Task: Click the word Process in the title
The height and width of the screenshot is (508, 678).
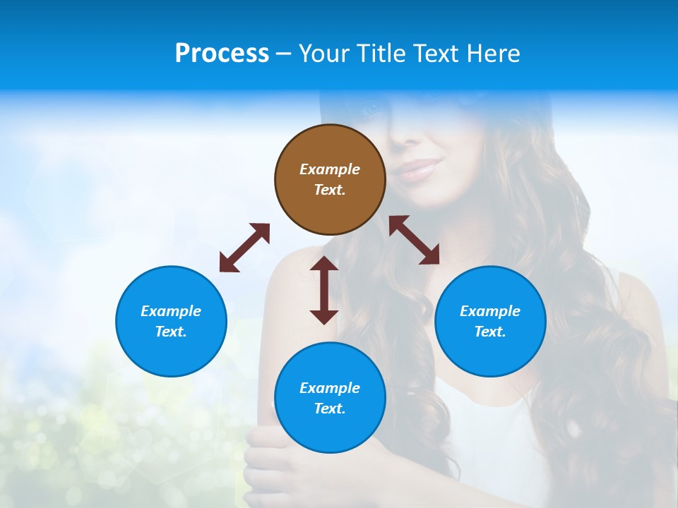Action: pos(222,54)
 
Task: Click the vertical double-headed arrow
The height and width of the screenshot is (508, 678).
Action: pos(324,290)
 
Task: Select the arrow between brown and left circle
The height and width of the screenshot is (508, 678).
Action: pos(244,248)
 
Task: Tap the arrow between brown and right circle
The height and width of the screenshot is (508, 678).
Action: pos(414,240)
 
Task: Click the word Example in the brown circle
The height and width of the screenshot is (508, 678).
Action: pos(330,169)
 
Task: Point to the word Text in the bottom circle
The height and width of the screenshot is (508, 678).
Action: pos(330,409)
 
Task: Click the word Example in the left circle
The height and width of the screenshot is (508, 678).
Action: pos(171,311)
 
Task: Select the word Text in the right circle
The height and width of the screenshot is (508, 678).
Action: pos(490,332)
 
